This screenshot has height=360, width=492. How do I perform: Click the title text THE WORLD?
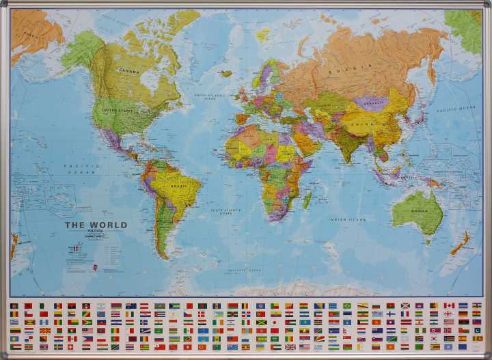(96, 225)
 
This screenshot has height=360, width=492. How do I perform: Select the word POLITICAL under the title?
(96, 231)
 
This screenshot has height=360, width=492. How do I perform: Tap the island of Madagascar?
(307, 199)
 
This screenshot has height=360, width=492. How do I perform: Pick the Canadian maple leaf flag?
(449, 305)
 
